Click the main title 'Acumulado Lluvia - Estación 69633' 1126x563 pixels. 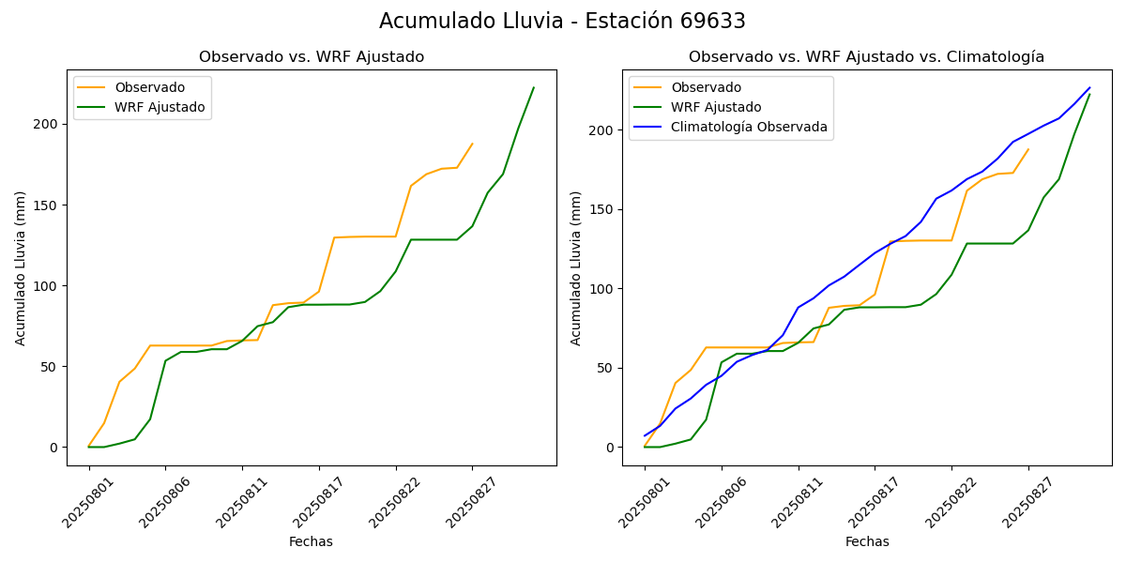coord(562,22)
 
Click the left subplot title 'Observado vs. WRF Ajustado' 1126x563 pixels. coord(312,57)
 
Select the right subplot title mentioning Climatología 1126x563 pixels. coord(866,57)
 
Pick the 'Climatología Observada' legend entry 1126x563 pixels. coord(749,128)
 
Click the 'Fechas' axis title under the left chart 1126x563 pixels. coord(311,541)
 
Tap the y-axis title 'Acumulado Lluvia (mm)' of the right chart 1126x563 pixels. coord(576,267)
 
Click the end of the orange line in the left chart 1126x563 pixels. coord(472,144)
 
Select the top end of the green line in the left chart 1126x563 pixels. coord(534,87)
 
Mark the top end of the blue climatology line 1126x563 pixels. coord(1089,87)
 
